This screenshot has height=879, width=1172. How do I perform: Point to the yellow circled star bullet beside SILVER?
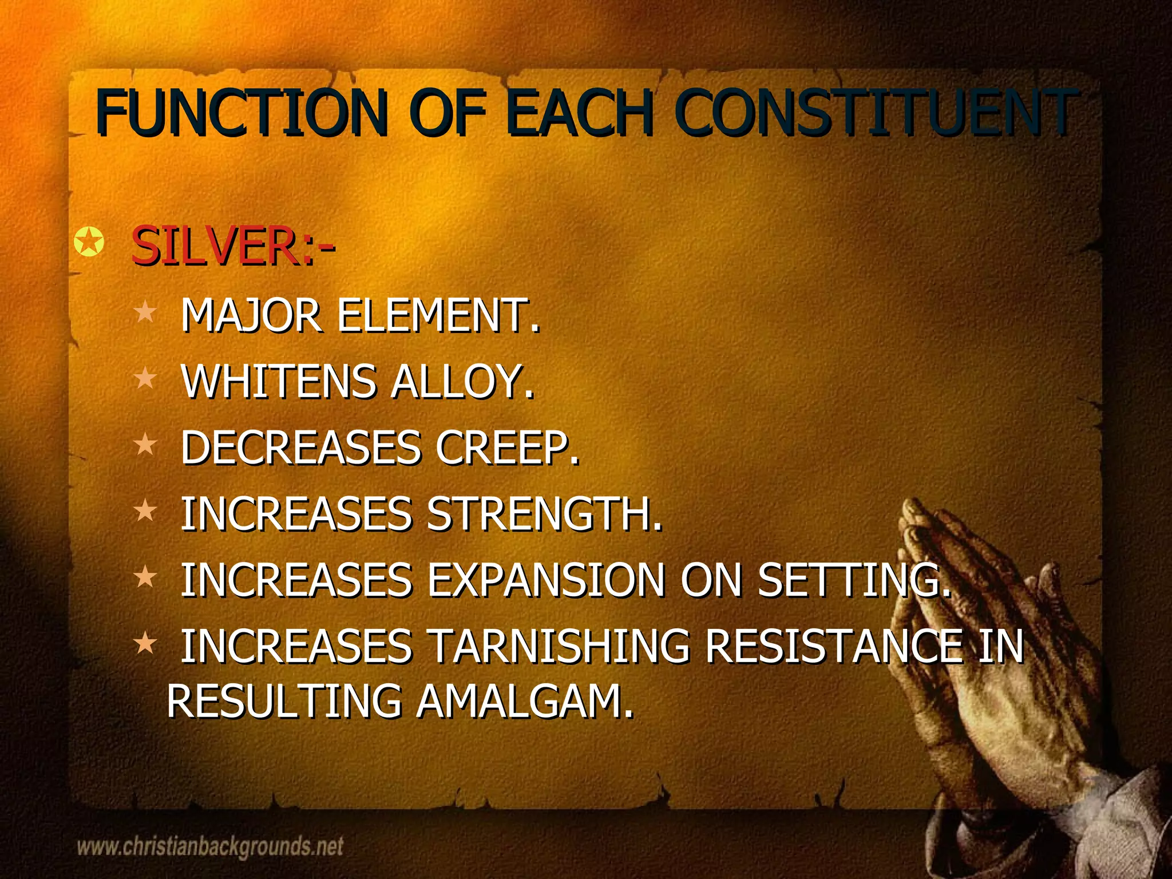tap(89, 243)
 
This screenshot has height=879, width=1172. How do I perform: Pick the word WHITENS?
tap(278, 381)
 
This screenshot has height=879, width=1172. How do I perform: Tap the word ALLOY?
tap(462, 381)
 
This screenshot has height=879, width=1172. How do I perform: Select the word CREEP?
tap(507, 448)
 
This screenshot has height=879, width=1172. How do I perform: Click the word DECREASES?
tap(301, 448)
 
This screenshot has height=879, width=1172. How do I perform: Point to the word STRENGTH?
tap(544, 513)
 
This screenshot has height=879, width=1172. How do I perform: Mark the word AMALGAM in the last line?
tap(524, 701)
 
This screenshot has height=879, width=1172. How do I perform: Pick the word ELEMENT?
tap(438, 315)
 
